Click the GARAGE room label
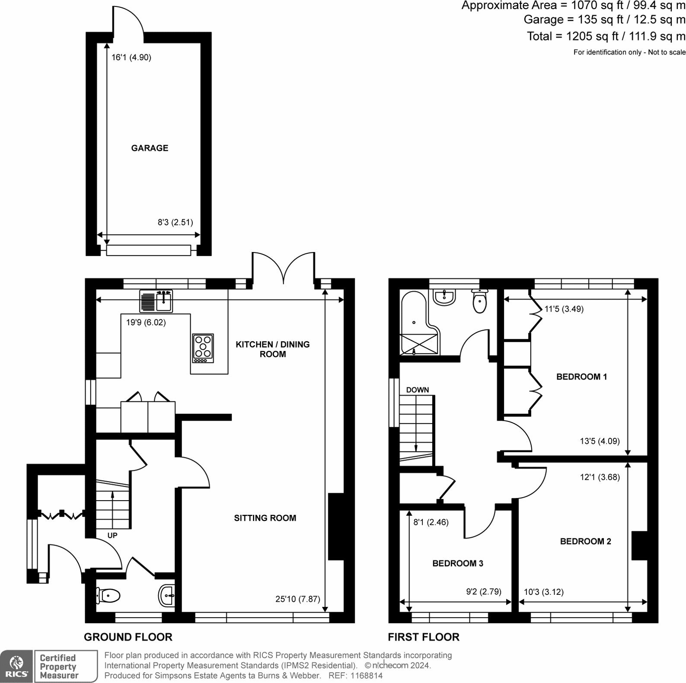click(150, 148)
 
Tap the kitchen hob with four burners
click(203, 348)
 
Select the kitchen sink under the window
click(156, 301)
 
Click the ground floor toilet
click(108, 596)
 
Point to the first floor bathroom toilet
click(480, 302)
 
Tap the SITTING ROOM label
click(265, 518)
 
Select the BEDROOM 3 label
click(458, 563)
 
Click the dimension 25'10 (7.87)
click(297, 599)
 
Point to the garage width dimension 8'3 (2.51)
click(175, 222)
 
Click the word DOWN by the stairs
click(417, 390)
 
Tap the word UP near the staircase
click(112, 535)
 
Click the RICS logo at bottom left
click(16, 666)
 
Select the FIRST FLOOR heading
click(423, 637)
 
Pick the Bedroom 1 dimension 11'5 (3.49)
click(564, 309)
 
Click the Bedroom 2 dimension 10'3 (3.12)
click(543, 592)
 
